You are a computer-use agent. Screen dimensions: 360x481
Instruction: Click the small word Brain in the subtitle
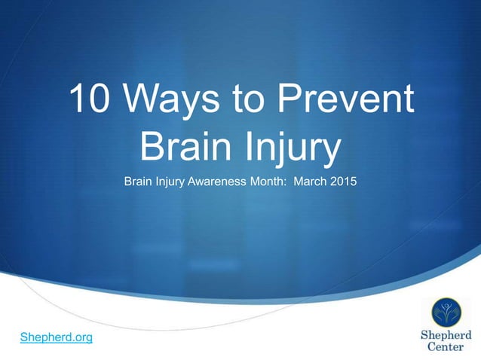coord(139,182)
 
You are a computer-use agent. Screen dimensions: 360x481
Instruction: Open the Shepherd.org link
coord(57,337)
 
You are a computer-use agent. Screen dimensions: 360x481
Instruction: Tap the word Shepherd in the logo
coord(445,335)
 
